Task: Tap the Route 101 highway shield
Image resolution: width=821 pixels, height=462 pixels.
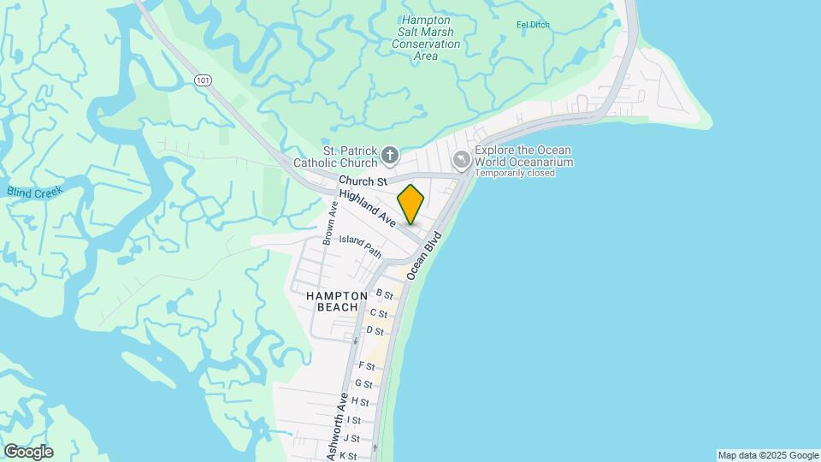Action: [x=202, y=80]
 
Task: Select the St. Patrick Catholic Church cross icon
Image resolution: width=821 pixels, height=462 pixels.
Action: [x=390, y=155]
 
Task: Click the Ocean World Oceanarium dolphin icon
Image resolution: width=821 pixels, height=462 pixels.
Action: [x=462, y=158]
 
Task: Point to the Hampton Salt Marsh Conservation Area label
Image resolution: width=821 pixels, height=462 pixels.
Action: [x=425, y=38]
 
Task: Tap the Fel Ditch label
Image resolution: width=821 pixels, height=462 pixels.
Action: [x=533, y=25]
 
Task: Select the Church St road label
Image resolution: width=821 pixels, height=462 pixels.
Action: [x=363, y=181]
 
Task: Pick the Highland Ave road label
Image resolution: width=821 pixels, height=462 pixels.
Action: [x=367, y=209]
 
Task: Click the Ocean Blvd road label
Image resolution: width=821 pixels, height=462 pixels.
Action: [x=426, y=254]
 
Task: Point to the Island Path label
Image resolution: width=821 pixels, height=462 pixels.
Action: [x=360, y=246]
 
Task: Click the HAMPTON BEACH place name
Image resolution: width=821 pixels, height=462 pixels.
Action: [x=337, y=300]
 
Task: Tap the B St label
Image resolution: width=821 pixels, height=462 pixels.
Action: [x=384, y=295]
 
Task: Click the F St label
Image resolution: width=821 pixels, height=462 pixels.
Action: [x=367, y=365]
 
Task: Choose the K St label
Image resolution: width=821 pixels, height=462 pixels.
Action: [x=347, y=456]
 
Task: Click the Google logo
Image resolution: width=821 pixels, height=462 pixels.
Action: [x=28, y=452]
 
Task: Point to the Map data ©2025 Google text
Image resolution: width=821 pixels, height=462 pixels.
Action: [x=768, y=455]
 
